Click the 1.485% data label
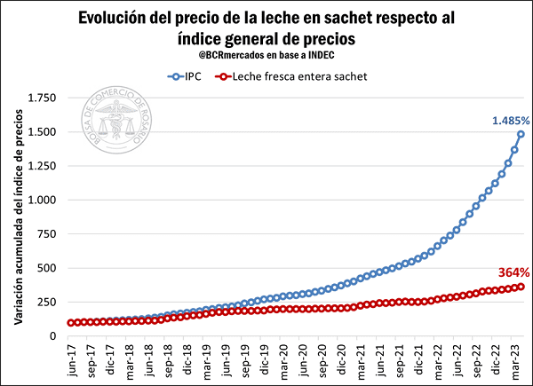[x=511, y=120]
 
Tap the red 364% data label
[x=513, y=272]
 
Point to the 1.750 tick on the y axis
[x=42, y=98]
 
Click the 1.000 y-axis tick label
[x=42, y=201]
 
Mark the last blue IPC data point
[x=521, y=135]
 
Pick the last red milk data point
[x=521, y=287]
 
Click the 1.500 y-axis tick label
[x=42, y=132]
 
